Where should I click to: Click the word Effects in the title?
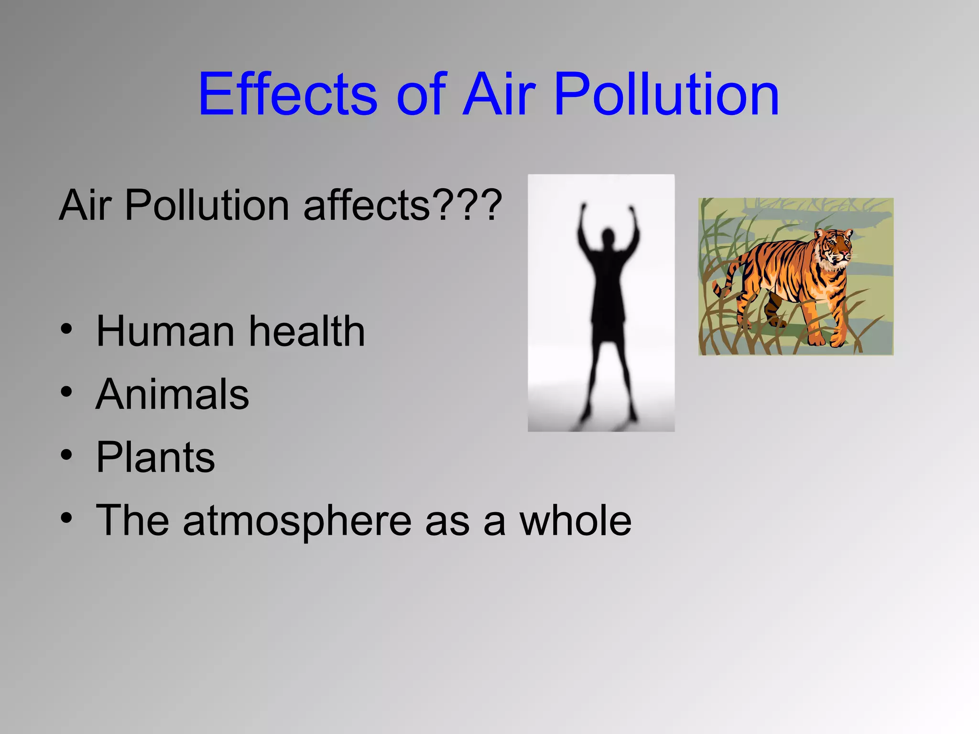pyautogui.click(x=288, y=94)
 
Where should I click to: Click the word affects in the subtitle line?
pyautogui.click(x=367, y=205)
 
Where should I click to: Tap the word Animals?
pyautogui.click(x=173, y=394)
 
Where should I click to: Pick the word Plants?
pyautogui.click(x=156, y=457)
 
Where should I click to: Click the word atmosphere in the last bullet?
pyautogui.click(x=297, y=521)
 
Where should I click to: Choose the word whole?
pyautogui.click(x=576, y=520)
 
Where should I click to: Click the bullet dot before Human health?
pyautogui.click(x=66, y=330)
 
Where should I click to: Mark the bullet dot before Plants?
pyautogui.click(x=66, y=455)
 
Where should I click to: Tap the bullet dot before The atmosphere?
pyautogui.click(x=66, y=518)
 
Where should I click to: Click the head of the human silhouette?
pyautogui.click(x=608, y=237)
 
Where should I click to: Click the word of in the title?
pyautogui.click(x=421, y=94)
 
